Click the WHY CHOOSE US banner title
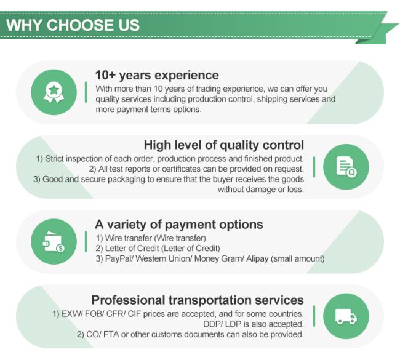73,25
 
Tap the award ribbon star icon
54,92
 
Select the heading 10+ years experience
157,75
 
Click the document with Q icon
346,167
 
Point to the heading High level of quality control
224,145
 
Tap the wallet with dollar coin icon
54,242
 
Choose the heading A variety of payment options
179,225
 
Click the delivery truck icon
346,316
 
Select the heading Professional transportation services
198,300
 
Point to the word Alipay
257,258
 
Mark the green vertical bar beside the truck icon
314,316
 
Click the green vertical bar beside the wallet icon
86,242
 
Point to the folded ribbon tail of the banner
377,34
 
